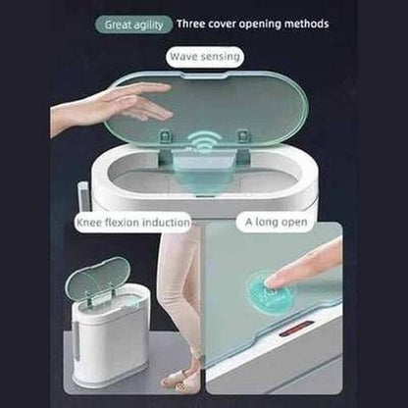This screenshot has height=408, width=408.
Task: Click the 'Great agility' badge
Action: point(133,25)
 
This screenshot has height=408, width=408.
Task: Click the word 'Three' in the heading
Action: point(191,24)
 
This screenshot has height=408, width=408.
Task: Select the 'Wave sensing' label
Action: point(205,57)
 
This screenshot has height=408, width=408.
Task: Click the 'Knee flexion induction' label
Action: point(132,223)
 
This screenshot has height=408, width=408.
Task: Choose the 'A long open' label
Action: point(277,222)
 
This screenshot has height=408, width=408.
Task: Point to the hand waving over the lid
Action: point(111,106)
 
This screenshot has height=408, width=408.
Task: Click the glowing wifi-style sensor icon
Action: point(204,140)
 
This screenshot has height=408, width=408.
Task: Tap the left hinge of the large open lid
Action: point(165,136)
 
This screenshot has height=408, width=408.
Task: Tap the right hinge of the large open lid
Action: point(243,135)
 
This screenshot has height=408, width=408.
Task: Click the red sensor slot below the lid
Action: point(296,328)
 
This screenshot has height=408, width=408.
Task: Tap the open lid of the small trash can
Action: point(97,279)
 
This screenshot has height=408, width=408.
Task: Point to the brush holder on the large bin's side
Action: point(83,197)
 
